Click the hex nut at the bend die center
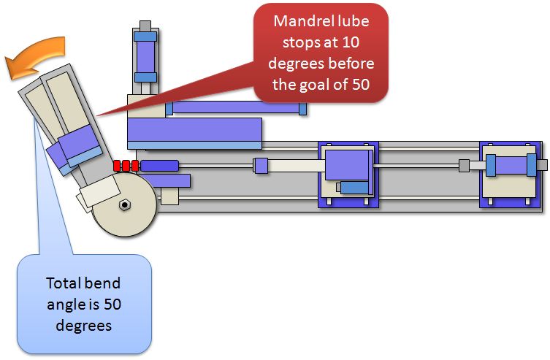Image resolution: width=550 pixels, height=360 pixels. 125,205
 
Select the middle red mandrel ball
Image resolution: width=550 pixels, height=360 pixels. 126,166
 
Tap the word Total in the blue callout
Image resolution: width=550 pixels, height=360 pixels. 64,283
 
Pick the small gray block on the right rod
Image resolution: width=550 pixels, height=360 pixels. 463,166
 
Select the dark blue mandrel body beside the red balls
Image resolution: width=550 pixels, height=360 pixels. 159,166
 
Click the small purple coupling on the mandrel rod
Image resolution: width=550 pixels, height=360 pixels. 260,166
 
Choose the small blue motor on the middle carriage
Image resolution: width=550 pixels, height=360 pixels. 354,188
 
